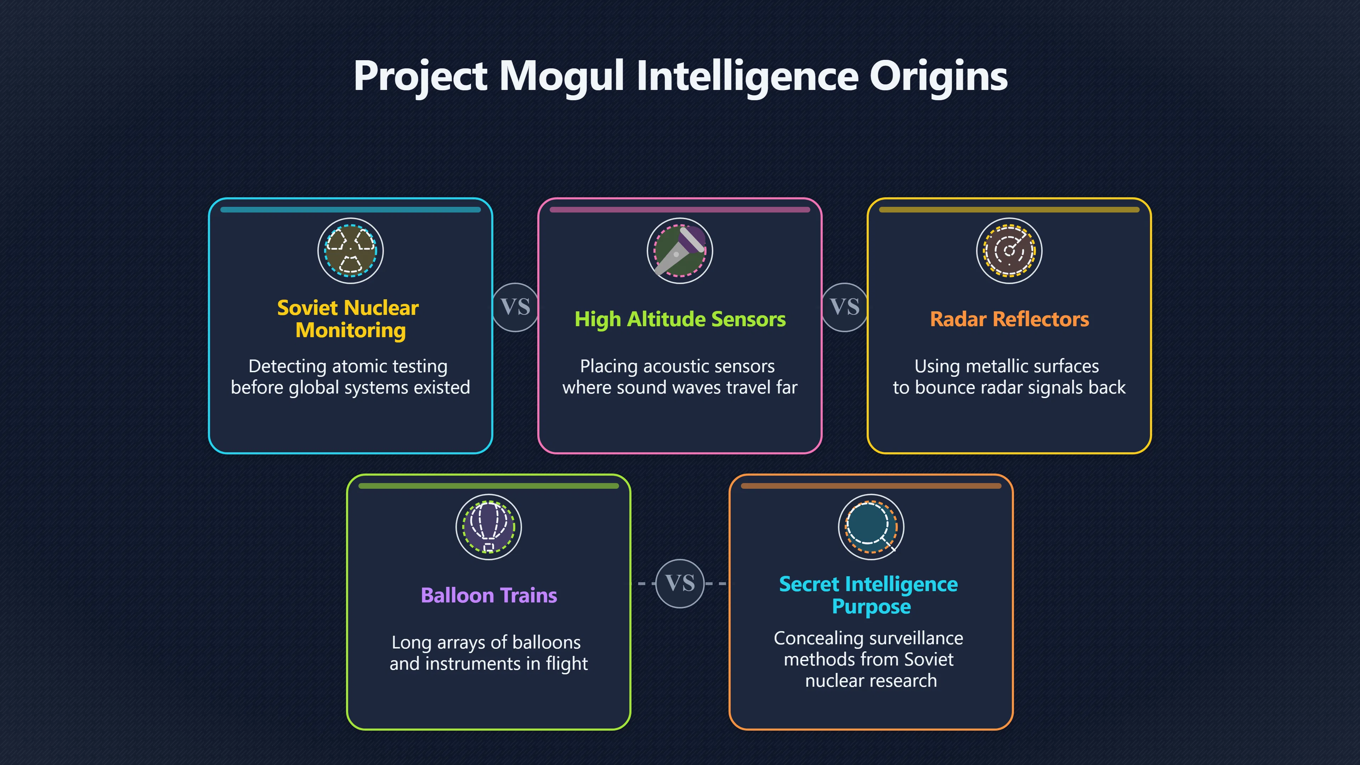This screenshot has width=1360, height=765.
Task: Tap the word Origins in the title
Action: (939, 75)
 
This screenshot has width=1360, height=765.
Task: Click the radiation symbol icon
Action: (351, 251)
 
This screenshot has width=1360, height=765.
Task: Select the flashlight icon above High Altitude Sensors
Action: (680, 251)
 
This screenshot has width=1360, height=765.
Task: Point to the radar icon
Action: (1009, 251)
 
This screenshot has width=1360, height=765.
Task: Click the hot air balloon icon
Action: (489, 527)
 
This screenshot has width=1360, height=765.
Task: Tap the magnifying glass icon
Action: (871, 527)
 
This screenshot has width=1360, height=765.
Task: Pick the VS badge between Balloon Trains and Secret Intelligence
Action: (680, 583)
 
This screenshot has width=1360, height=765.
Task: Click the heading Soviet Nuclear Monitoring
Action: (348, 319)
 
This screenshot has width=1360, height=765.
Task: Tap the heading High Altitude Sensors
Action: (680, 319)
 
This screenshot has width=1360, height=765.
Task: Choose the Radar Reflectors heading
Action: (1009, 319)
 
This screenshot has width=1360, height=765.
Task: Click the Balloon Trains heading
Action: (489, 595)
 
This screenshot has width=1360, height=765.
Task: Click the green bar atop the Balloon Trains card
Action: (489, 486)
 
